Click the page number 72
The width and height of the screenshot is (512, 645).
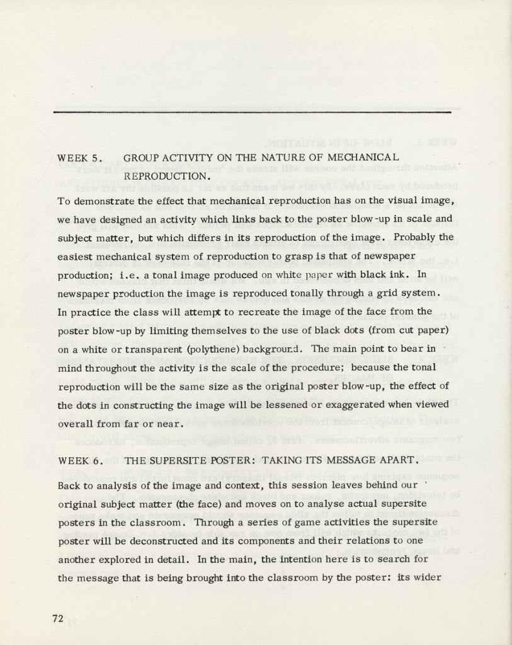58,618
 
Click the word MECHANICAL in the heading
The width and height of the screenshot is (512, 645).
362,157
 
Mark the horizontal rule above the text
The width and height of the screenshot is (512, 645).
252,112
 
